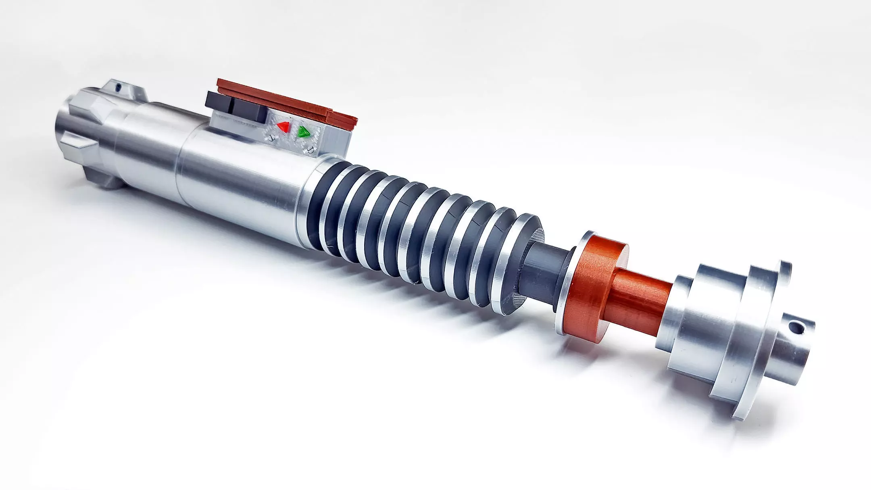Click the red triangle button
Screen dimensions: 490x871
[x=283, y=127]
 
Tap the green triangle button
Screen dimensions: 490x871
[x=303, y=132]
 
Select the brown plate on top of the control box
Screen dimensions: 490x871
[x=282, y=97]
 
